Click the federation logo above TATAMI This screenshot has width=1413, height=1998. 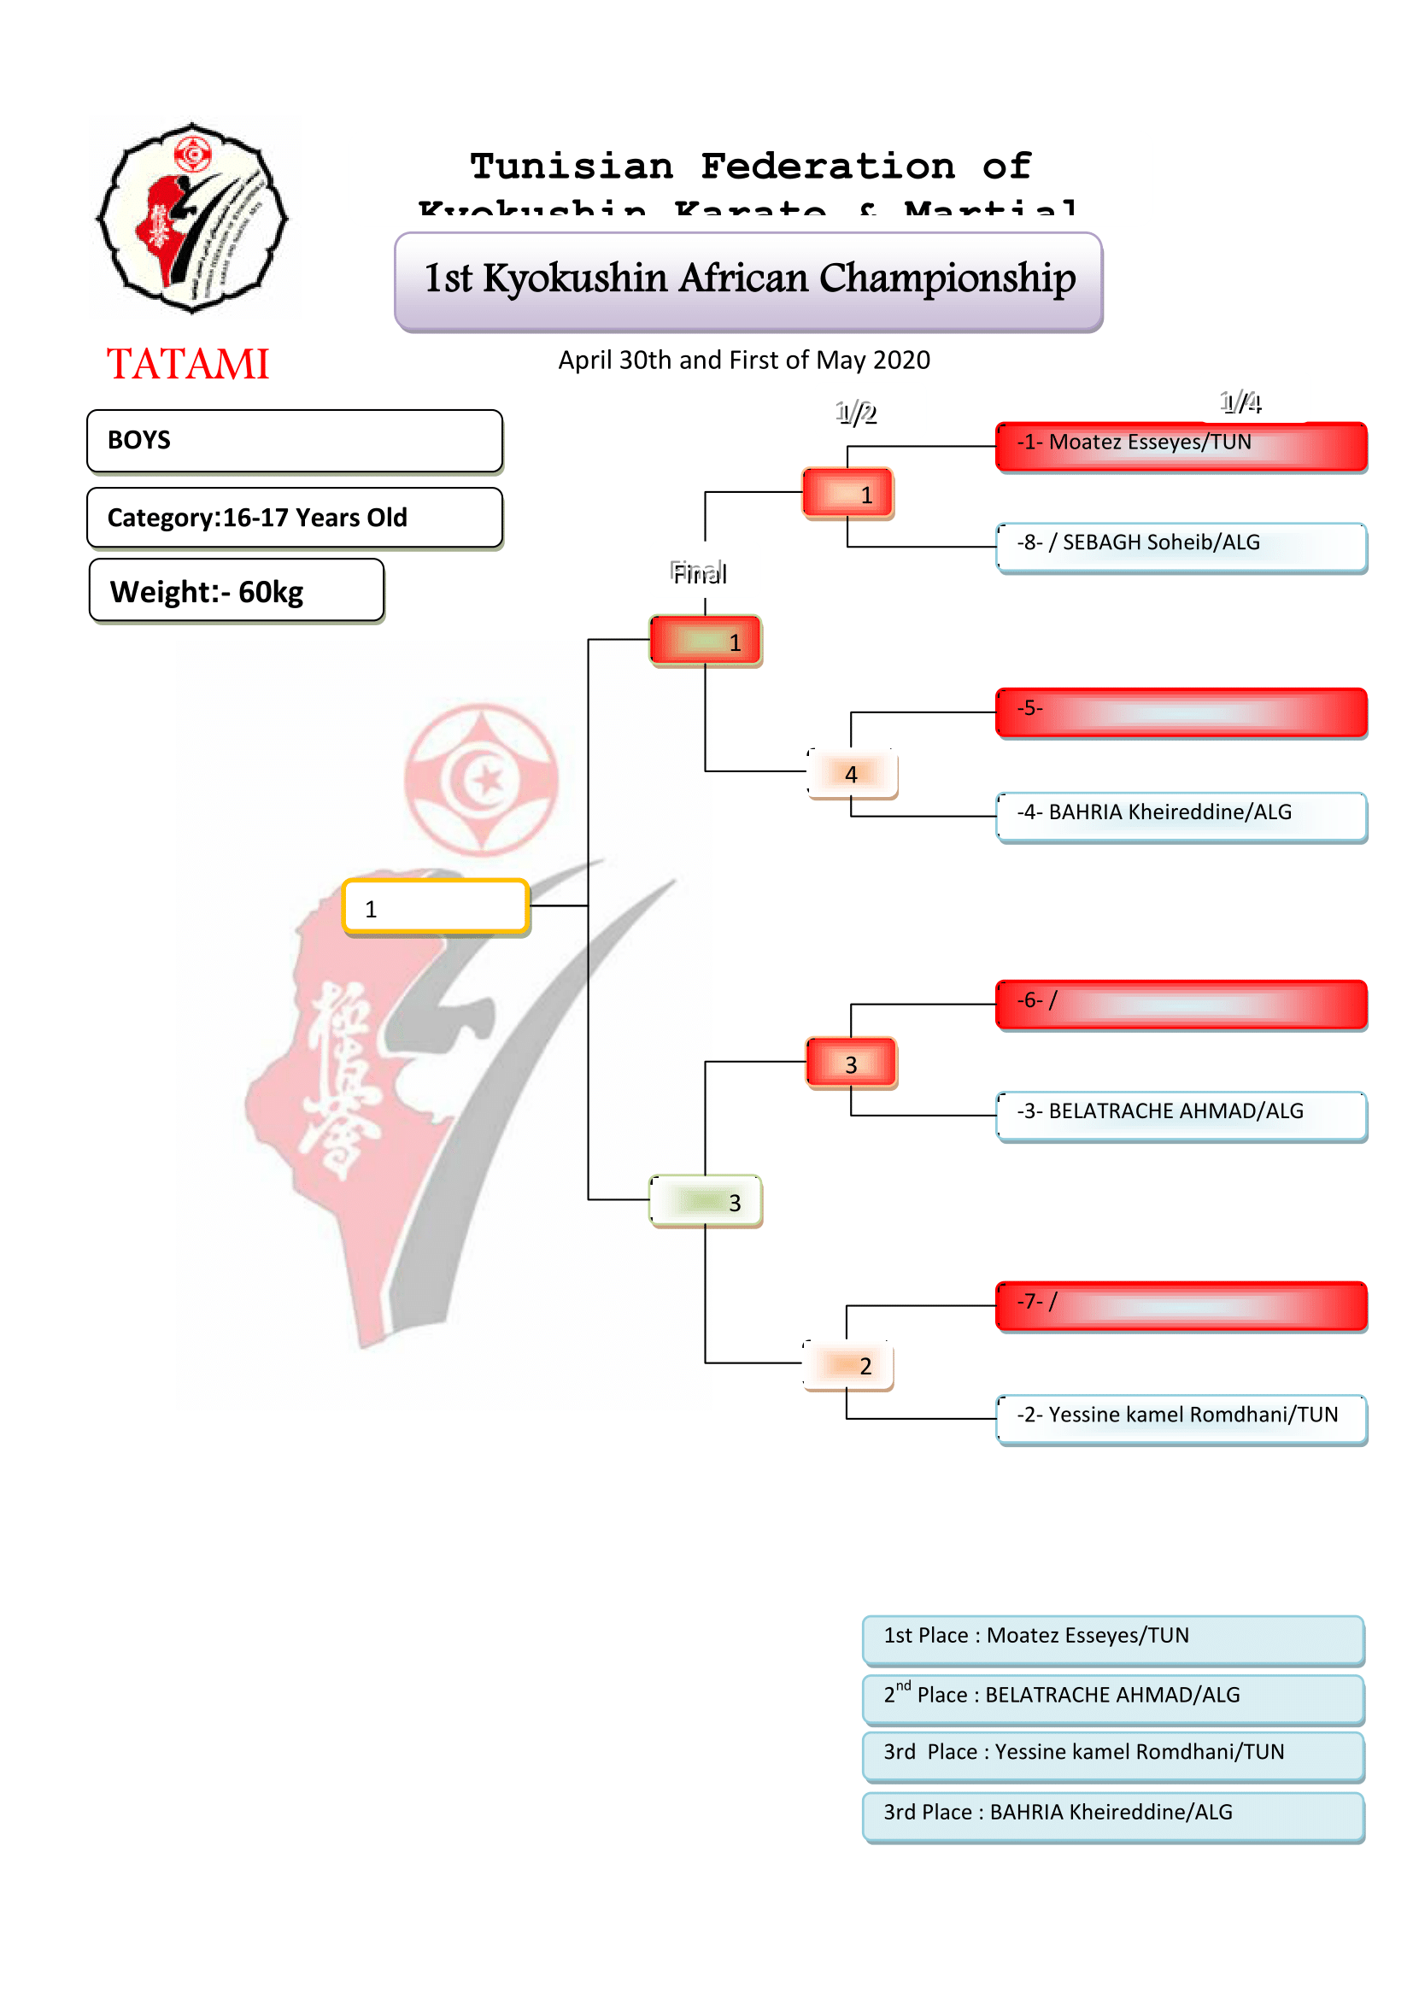[192, 219]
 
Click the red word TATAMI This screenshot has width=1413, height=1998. [188, 364]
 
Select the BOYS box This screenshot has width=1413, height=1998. [294, 440]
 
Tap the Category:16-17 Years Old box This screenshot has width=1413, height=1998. [294, 518]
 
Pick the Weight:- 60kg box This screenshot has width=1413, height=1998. [237, 591]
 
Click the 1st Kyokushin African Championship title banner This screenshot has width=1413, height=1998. [748, 280]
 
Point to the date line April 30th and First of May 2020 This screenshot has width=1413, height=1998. [744, 360]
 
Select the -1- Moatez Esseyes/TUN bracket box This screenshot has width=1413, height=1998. [1181, 447]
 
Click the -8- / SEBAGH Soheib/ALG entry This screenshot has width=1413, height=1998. [1181, 547]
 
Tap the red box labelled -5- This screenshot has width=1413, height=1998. [1181, 712]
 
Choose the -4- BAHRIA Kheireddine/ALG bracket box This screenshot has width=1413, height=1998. [1181, 816]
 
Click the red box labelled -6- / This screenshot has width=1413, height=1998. [1181, 1005]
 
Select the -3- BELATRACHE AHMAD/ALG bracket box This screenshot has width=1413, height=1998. [1181, 1115]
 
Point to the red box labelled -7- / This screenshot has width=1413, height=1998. [1181, 1305]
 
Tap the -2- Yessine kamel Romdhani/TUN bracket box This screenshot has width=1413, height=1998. [1181, 1419]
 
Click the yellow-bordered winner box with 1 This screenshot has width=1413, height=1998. [435, 907]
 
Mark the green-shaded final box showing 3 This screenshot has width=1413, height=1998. [706, 1201]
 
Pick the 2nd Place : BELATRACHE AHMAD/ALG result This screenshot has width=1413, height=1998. [1113, 1698]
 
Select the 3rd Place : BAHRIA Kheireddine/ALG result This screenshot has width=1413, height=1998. [1113, 1815]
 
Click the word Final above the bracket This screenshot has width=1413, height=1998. [700, 573]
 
